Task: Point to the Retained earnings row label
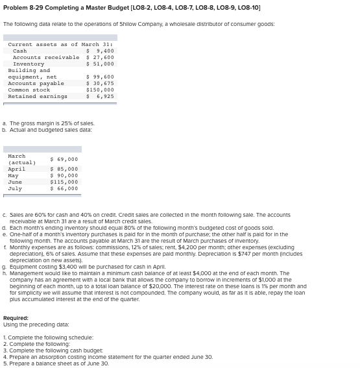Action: (37, 96)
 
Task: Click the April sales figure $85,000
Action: (64, 169)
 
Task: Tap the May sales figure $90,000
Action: (64, 175)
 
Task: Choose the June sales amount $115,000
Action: (64, 182)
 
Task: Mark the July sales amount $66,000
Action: (64, 188)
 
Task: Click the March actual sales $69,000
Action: (64, 159)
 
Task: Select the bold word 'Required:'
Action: (16, 318)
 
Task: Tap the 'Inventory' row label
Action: (29, 64)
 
